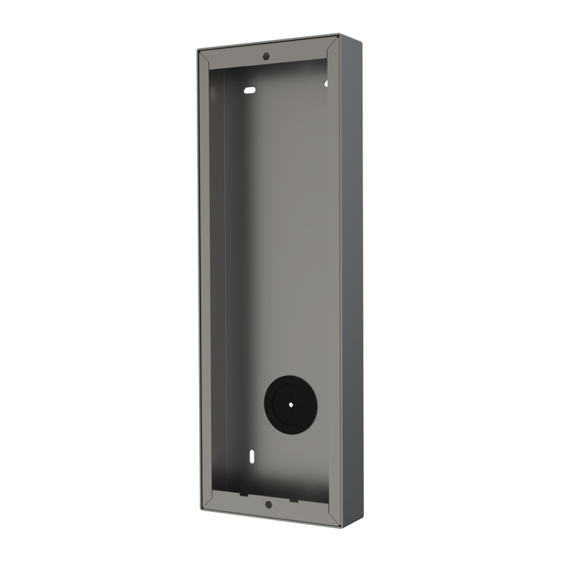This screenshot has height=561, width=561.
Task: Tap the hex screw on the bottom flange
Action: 267,503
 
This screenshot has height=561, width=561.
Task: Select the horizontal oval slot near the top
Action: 250,90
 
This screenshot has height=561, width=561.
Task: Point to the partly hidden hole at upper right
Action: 326,83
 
